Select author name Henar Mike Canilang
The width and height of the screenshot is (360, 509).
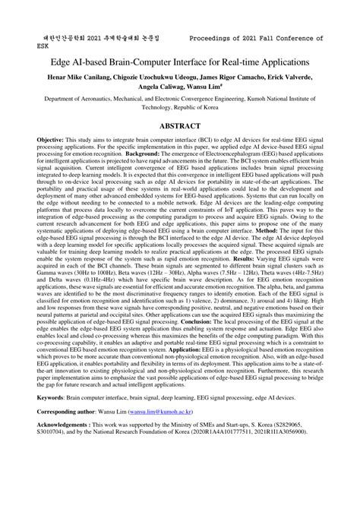point(77,78)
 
